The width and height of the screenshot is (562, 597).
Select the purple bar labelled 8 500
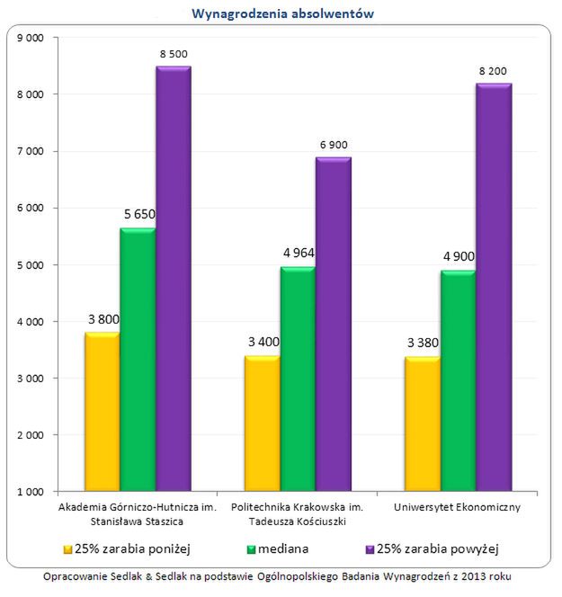pos(173,279)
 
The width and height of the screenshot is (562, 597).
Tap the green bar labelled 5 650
pos(137,360)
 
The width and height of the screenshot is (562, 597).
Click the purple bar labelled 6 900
pos(333,324)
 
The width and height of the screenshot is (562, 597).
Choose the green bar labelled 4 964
pos(298,379)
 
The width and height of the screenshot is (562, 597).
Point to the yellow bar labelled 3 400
pos(262,423)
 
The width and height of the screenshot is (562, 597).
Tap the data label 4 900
pos(458,257)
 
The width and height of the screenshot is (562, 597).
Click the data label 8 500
pos(174,54)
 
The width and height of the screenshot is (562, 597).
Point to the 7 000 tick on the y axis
pos(32,151)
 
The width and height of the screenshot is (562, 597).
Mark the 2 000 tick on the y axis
pos(32,435)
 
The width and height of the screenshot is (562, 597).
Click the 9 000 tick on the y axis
pos(32,38)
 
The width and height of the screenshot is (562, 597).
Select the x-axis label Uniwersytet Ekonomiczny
pos(458,508)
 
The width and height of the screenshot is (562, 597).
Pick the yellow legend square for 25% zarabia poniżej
pos(67,548)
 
